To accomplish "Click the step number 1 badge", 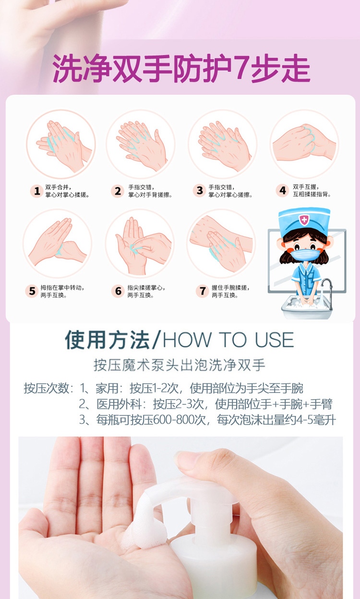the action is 37,191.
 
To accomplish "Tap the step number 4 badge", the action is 283,190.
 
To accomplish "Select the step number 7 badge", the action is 202,291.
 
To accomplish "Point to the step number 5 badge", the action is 32,291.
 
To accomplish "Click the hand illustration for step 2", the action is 141,144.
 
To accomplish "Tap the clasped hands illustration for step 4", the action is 304,143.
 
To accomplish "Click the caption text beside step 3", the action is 230,191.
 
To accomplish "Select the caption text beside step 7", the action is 230,291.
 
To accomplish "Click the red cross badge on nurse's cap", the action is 304,220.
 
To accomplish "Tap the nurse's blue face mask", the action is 305,255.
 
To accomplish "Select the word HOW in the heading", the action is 187,340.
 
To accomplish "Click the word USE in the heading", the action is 274,340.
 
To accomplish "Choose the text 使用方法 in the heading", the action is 107,340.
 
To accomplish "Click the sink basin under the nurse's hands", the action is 307,307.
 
